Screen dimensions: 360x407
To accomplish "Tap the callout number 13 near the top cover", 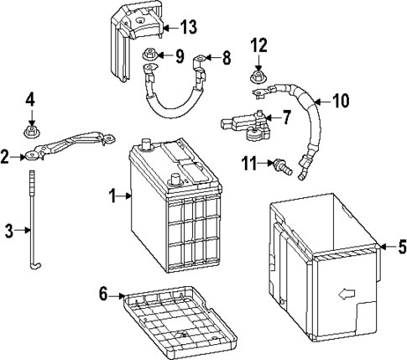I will [x=189, y=27].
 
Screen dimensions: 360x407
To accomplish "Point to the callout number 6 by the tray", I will [x=104, y=294].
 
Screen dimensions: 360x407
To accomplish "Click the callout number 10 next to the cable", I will [x=341, y=102].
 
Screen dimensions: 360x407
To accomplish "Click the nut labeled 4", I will [x=32, y=130].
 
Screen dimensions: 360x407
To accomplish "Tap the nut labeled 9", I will [x=150, y=58].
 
